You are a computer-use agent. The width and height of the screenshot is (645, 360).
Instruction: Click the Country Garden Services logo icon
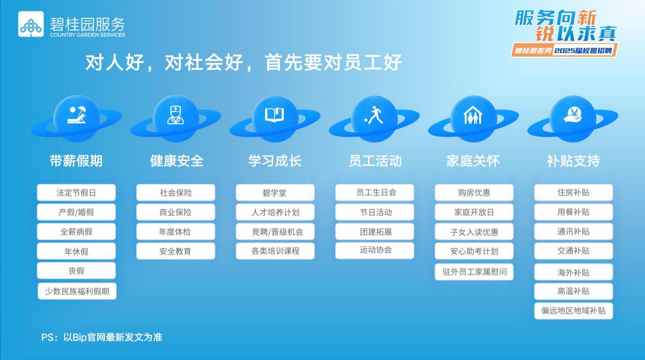31,24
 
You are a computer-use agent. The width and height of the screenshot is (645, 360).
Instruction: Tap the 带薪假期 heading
76,161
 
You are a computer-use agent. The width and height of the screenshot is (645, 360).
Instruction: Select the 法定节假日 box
76,193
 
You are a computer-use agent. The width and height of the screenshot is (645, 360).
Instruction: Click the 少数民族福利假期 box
77,291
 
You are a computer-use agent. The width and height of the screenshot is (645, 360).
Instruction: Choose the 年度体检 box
176,232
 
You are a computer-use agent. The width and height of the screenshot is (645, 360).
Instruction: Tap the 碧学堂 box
275,193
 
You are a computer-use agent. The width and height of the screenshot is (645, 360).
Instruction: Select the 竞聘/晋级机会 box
275,232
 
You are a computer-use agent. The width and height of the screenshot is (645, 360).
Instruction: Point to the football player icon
374,115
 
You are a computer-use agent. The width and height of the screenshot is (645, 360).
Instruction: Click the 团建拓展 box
374,232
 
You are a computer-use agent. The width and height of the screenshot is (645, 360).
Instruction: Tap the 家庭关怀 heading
473,161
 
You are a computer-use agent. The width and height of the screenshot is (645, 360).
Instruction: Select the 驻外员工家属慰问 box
474,272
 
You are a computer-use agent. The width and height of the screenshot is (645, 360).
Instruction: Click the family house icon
473,115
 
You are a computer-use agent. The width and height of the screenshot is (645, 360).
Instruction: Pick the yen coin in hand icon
572,115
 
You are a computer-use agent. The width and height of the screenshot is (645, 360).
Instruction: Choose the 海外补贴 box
573,272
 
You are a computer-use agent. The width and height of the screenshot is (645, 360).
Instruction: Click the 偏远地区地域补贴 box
573,311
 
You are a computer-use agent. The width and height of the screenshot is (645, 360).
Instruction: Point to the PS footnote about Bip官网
102,337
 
